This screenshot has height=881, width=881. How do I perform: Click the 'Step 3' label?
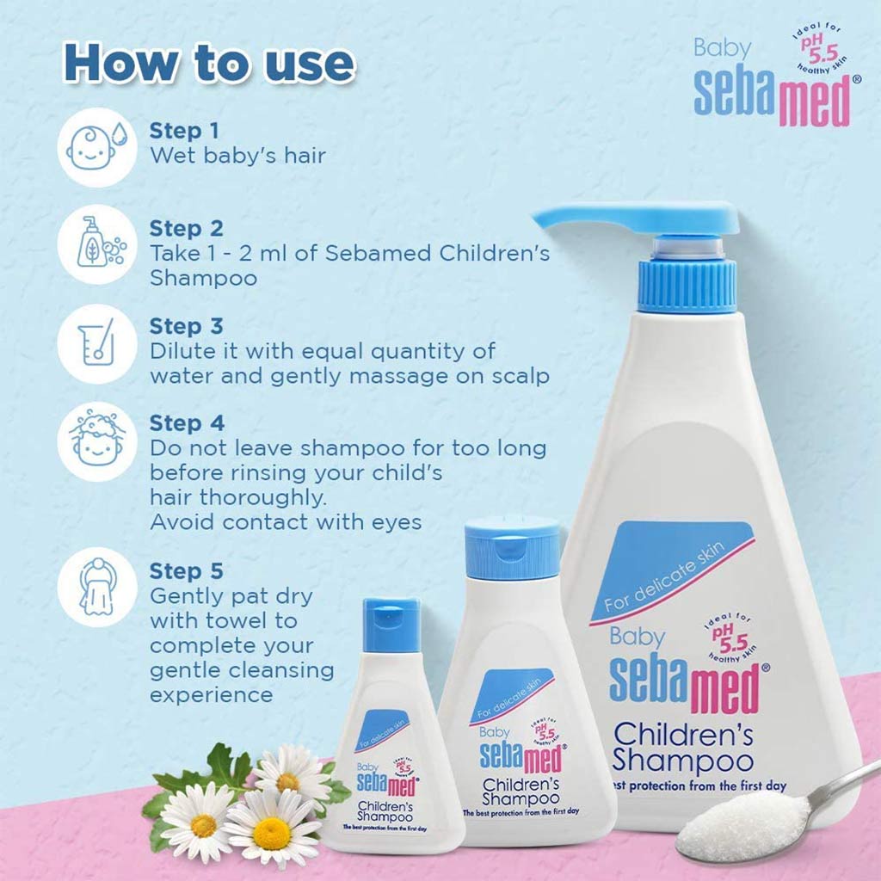[x=187, y=327]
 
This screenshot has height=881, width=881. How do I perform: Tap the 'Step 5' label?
[x=187, y=571]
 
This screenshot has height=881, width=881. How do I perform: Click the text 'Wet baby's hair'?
[x=238, y=156]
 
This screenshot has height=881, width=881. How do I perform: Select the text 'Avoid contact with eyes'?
[x=286, y=522]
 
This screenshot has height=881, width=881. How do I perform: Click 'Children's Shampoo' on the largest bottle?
[x=682, y=747]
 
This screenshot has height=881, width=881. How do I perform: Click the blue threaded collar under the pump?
[x=687, y=284]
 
